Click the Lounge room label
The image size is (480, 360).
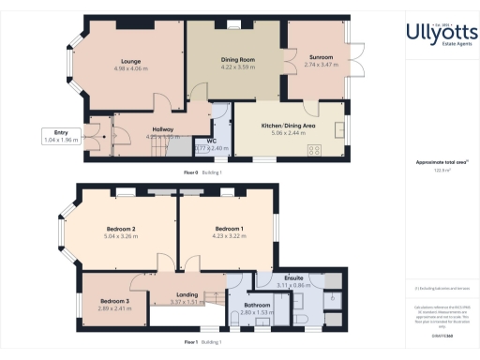(x=130, y=61)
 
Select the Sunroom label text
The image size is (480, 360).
(x=320, y=58)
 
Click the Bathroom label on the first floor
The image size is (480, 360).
(x=257, y=305)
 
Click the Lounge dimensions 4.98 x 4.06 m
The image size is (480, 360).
(x=130, y=68)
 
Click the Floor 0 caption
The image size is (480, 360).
(x=191, y=173)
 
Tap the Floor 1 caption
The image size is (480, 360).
(x=191, y=342)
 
